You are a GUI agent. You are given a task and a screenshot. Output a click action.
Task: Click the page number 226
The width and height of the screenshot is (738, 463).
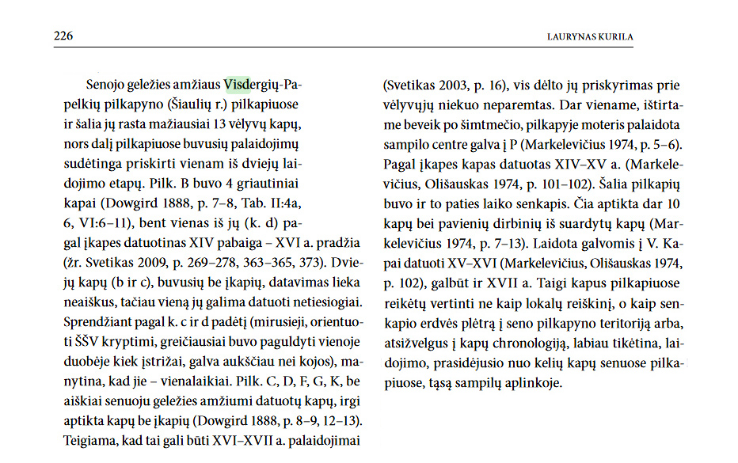click(x=63, y=36)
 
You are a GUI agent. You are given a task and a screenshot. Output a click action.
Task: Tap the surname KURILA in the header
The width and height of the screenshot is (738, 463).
click(x=614, y=36)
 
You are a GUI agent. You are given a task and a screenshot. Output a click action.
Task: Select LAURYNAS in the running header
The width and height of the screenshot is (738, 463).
click(x=570, y=36)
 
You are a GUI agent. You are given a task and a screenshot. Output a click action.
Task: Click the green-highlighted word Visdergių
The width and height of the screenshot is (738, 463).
click(x=249, y=85)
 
